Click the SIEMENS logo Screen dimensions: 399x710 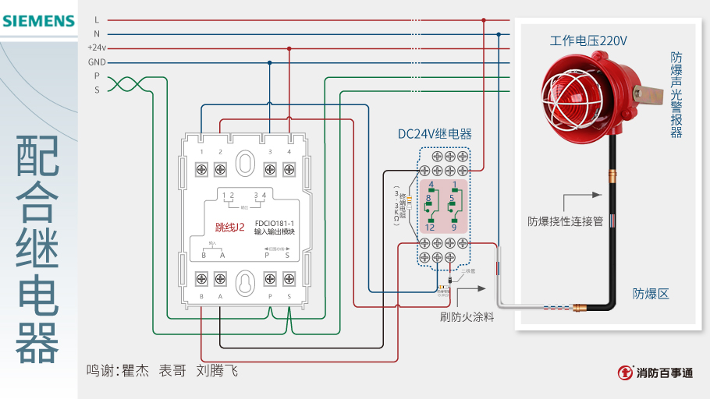pos(38,21)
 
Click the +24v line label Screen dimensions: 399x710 pos(97,48)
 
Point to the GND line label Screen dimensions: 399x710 pos(97,62)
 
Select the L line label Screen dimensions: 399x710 pos(97,20)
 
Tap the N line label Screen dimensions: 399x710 pos(97,34)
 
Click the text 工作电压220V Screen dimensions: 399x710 pos(588,40)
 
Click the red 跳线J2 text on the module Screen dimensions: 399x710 pos(230,228)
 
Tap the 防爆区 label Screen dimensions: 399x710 pos(651,294)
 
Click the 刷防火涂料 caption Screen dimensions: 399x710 pos(467,316)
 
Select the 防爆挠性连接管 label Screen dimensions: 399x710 pos(565,221)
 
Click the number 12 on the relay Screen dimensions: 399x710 pos(430,227)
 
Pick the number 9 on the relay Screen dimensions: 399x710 pos(453,227)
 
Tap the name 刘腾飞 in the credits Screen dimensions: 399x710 pos(217,371)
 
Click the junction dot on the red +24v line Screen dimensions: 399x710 pos(289,48)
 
